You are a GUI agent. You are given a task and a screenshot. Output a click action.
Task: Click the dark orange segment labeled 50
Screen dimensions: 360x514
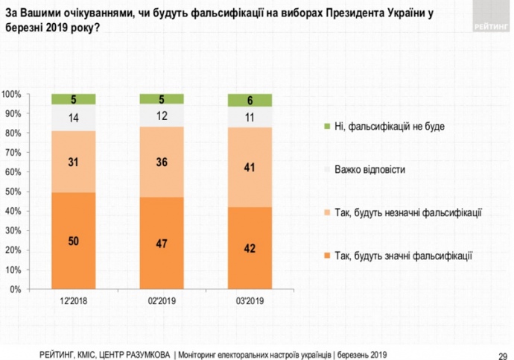click(74, 241)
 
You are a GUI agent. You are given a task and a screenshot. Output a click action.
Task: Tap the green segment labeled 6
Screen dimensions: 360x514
click(250, 100)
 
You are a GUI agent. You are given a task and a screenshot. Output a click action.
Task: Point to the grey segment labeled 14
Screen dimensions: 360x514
click(74, 117)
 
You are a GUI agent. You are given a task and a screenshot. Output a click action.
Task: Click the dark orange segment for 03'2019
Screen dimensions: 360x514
click(250, 248)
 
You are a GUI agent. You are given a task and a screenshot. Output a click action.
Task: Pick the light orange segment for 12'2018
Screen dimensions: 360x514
click(74, 162)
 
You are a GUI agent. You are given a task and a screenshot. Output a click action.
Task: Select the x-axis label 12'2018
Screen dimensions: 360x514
click(74, 300)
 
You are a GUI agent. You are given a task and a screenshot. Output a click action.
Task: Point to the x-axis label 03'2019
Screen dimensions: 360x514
click(250, 300)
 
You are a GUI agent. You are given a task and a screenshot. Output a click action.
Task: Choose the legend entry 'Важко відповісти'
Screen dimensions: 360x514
click(370, 170)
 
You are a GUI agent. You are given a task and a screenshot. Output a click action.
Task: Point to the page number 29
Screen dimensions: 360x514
click(503, 354)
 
